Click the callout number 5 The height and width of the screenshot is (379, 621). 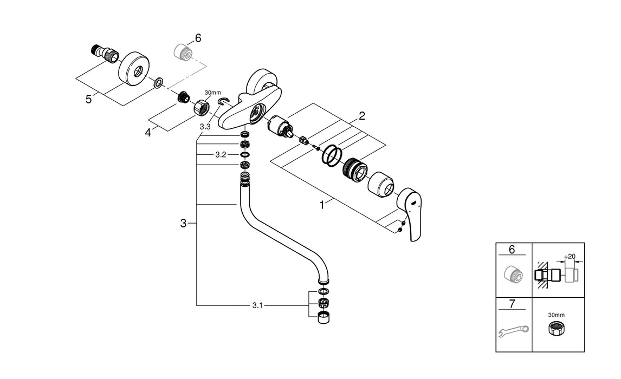pos(88,100)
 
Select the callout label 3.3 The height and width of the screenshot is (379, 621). pos(205,127)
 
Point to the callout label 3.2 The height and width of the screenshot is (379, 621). pos(221,154)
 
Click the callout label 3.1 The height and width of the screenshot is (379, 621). pos(257,306)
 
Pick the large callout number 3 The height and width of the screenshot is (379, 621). pos(184,223)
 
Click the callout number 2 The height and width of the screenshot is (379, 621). pos(361,115)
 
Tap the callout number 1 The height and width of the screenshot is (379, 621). pos(322,205)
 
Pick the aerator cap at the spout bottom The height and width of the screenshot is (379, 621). pos(324,318)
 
